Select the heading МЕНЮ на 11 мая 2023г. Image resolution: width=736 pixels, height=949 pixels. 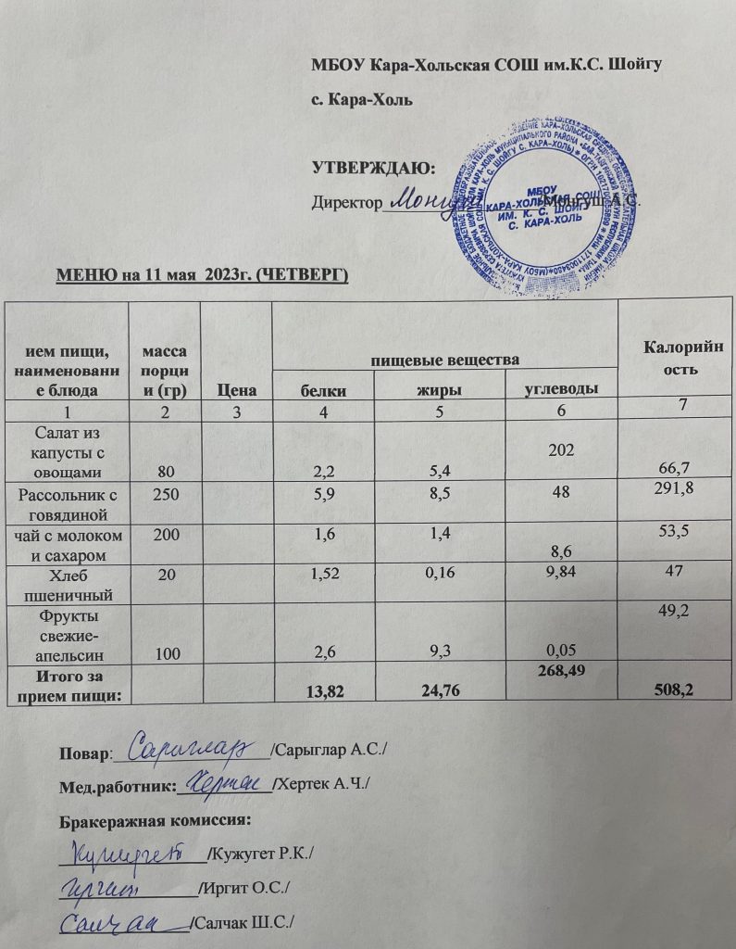click(202, 274)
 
